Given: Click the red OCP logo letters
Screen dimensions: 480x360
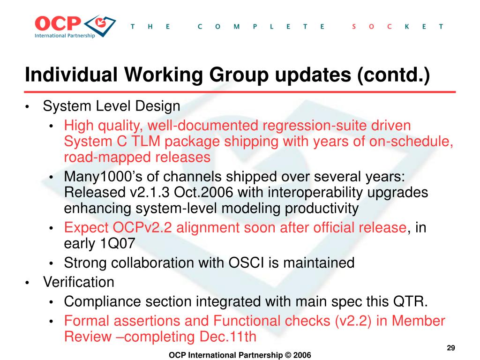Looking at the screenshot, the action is (x=58, y=23).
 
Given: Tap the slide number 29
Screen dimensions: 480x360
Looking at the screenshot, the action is (x=451, y=348).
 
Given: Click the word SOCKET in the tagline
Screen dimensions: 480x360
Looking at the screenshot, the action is (x=397, y=27).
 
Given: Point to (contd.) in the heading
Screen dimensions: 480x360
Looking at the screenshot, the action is (x=393, y=75).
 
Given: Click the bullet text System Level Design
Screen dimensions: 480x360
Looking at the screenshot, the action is (x=112, y=106).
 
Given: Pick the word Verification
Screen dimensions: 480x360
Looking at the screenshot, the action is (x=79, y=282).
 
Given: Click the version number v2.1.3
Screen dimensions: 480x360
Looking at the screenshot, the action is (x=150, y=193).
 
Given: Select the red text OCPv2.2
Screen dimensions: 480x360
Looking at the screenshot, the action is (x=142, y=228).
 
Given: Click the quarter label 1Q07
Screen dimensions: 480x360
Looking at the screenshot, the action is (x=118, y=244).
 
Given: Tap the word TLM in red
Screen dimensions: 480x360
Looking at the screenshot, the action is (x=146, y=142).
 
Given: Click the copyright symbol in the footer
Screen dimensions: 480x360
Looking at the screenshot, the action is (x=288, y=355).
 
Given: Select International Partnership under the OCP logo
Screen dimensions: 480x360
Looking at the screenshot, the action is (x=65, y=36).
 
